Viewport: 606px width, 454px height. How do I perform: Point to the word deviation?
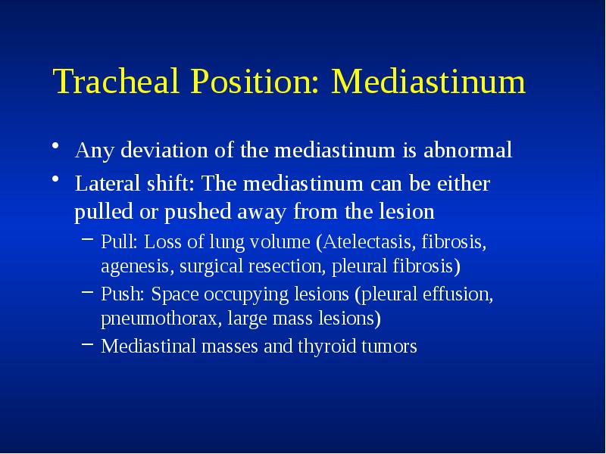pos(161,151)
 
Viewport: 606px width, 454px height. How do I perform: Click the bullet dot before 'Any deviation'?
pos(57,147)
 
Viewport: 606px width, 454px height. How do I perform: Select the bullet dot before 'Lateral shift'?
pos(57,180)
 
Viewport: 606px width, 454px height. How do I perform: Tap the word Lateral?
pos(103,184)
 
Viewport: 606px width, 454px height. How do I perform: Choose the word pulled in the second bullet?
pos(100,211)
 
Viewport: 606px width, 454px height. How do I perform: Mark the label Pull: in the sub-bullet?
pos(120,243)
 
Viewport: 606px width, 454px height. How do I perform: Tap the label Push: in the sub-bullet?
pos(123,294)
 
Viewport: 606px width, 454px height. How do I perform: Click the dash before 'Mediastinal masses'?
pos(87,347)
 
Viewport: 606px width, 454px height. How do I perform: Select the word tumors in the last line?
pos(392,347)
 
